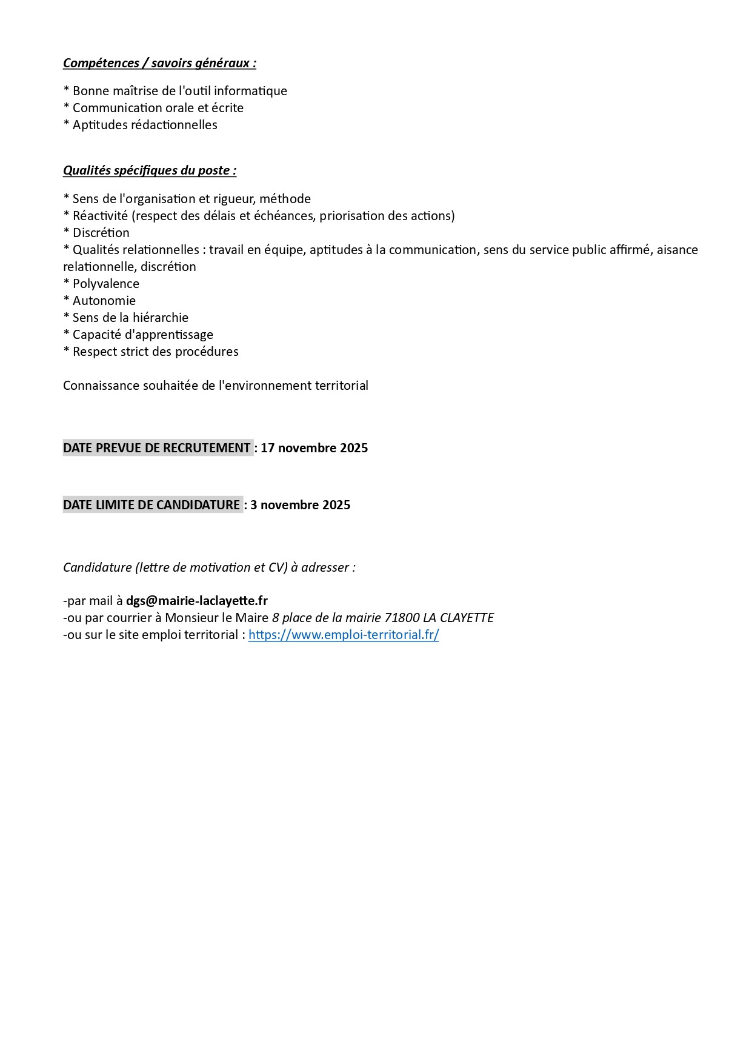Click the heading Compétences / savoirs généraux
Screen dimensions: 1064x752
pos(159,63)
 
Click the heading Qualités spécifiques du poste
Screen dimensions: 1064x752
pos(150,170)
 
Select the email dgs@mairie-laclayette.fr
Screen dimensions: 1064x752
pos(197,601)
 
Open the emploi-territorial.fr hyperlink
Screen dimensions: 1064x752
pos(344,635)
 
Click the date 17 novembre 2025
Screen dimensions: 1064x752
pos(314,448)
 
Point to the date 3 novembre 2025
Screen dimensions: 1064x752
pos(301,505)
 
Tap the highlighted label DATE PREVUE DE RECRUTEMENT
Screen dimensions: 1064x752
pos(157,448)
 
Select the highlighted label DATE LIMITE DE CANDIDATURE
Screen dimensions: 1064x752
pos(152,505)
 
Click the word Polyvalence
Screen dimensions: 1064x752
pos(106,284)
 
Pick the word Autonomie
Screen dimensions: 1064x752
pos(104,301)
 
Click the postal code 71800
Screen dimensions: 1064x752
pos(402,618)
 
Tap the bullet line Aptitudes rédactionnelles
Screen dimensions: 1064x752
pos(145,125)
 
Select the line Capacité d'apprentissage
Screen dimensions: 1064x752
pos(143,335)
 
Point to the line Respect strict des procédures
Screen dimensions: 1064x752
pos(156,352)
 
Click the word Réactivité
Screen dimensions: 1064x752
pos(100,216)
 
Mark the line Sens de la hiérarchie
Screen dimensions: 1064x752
pos(130,318)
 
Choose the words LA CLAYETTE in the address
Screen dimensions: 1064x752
pos(459,618)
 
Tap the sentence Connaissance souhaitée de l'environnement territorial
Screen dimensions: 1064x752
pos(216,386)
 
